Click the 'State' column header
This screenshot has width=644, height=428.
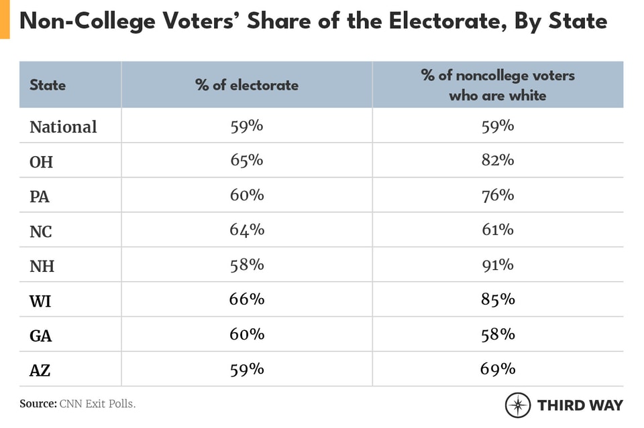(x=48, y=85)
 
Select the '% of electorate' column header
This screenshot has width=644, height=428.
(x=247, y=85)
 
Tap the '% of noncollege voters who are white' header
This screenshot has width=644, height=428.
(x=498, y=85)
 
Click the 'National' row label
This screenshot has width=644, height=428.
(x=63, y=126)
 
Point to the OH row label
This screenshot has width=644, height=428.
(x=41, y=161)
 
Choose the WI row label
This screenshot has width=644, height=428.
(x=40, y=301)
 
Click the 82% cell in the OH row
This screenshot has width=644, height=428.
(x=498, y=161)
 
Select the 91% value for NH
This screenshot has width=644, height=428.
(x=498, y=265)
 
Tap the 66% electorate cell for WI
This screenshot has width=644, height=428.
(x=247, y=300)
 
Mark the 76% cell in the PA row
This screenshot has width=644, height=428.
(x=498, y=196)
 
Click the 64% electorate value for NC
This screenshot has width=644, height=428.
(x=247, y=230)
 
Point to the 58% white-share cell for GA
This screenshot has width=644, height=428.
(x=498, y=335)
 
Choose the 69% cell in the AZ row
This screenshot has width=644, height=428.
(x=498, y=370)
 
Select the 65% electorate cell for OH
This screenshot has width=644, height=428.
(x=247, y=161)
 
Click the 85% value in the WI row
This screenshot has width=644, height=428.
(x=498, y=300)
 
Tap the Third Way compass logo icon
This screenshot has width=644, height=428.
(x=518, y=405)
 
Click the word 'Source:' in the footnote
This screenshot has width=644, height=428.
(x=37, y=404)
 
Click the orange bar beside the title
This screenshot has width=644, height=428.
(x=5, y=19)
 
